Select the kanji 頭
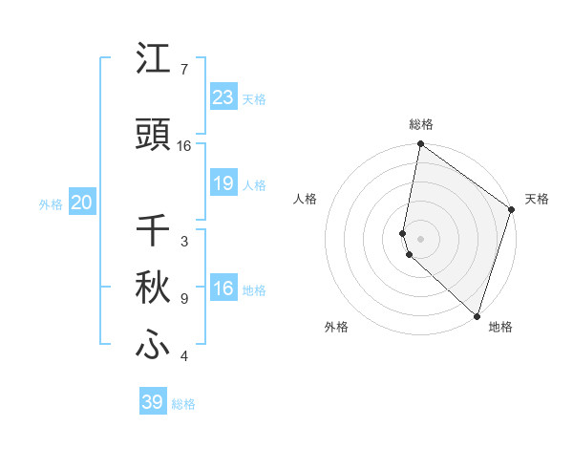(154, 136)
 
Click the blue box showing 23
(223, 97)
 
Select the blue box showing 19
(223, 184)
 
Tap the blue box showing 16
(223, 289)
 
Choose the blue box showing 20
(82, 203)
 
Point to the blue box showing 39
(153, 403)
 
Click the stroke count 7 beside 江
(184, 70)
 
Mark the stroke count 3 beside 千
(184, 242)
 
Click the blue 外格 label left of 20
(50, 203)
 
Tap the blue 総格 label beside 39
(184, 404)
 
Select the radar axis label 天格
(537, 199)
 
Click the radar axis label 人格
(305, 199)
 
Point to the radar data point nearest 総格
(420, 145)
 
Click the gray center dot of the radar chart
(420, 238)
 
